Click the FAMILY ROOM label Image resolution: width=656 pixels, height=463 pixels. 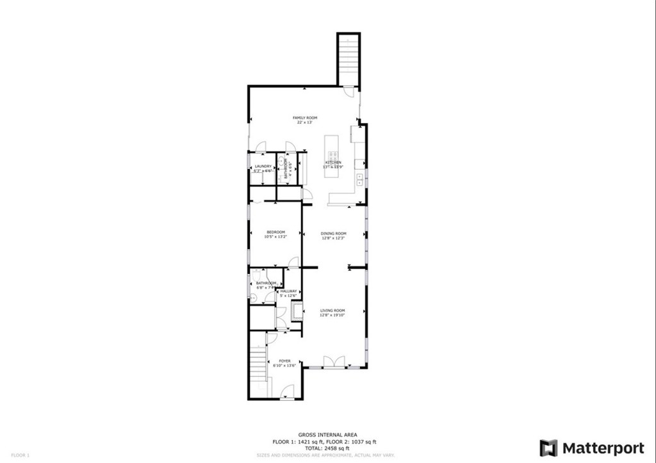[305, 118]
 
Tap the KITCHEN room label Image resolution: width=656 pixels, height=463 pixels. [333, 163]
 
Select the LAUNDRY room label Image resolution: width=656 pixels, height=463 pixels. [263, 167]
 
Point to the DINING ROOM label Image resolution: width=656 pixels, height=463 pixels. [333, 233]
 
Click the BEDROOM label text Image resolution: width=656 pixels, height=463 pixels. [275, 232]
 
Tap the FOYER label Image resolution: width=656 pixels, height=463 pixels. [284, 361]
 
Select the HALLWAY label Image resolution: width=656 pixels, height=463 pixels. [288, 291]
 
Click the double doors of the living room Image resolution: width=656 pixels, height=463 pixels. [332, 363]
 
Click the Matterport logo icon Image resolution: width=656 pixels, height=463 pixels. [548, 448]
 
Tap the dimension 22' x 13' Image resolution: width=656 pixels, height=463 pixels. [305, 123]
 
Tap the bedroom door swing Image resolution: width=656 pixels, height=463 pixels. [293, 261]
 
